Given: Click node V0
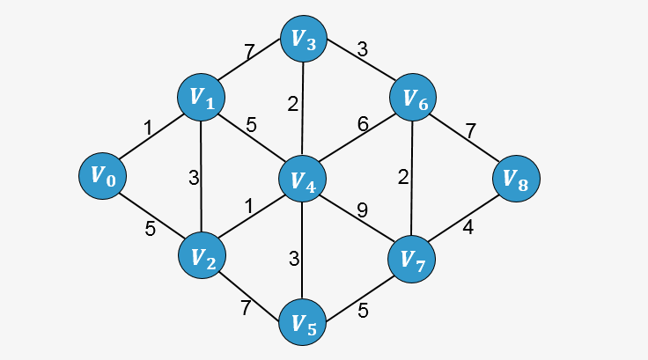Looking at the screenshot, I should [101, 175].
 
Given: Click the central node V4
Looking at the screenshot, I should [302, 180].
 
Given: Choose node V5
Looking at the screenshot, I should [302, 323].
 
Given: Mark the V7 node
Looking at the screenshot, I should [411, 258].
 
